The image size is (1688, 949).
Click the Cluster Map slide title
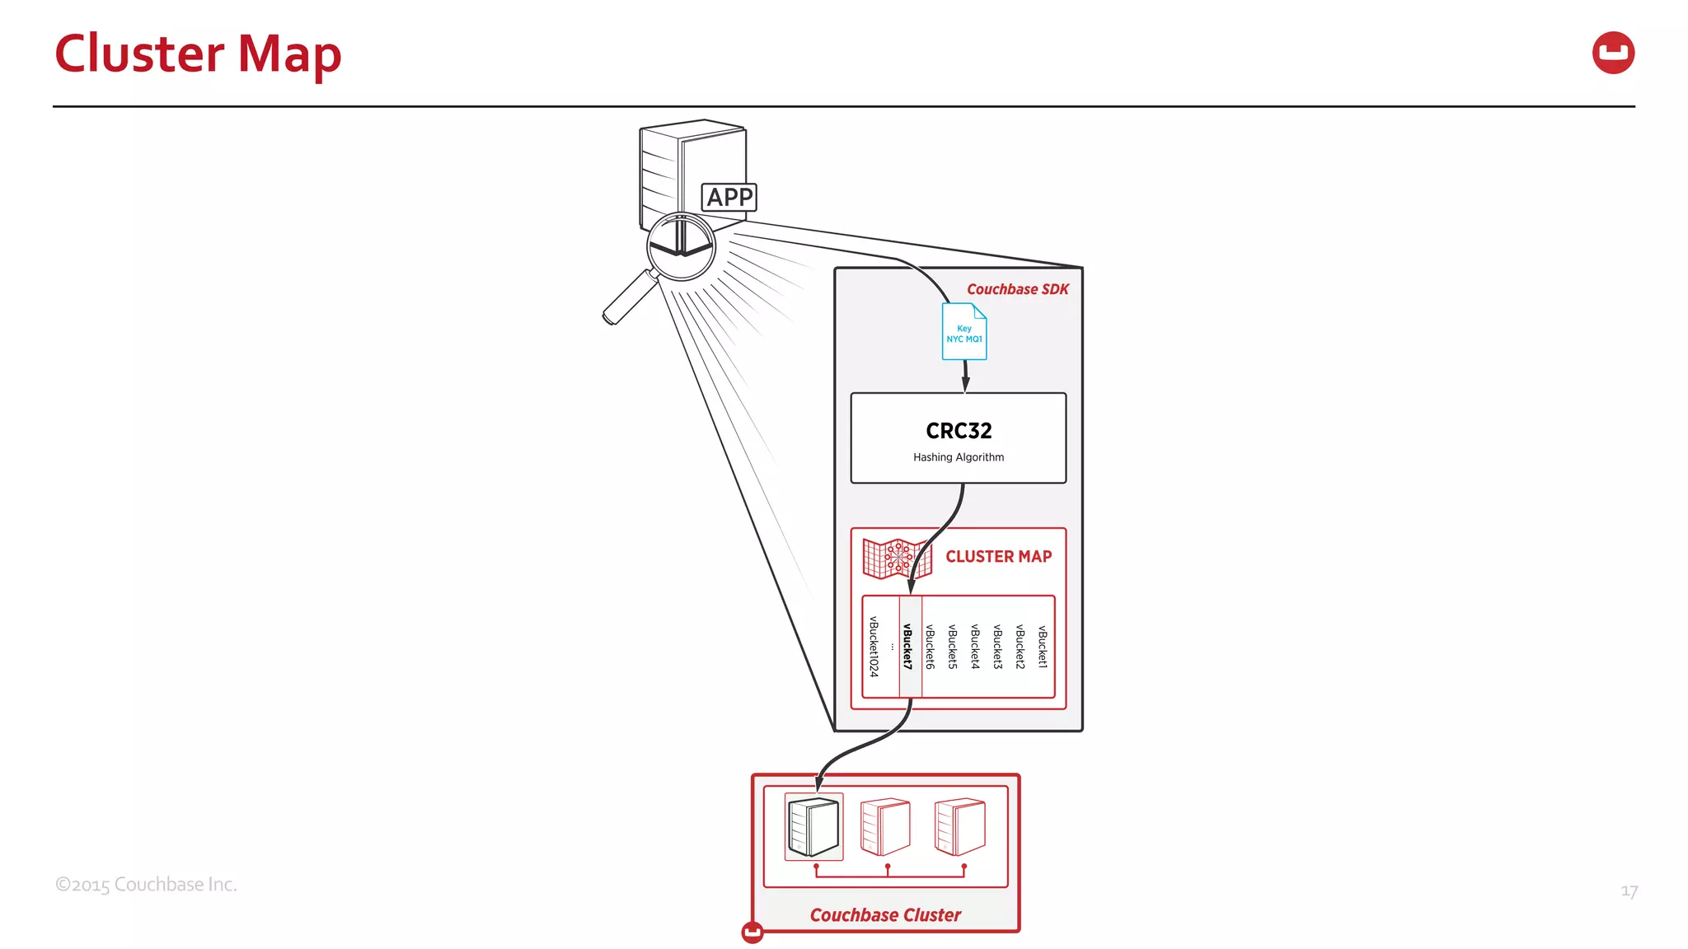(198, 54)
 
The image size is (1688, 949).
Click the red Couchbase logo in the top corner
(1613, 53)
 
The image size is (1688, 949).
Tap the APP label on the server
(729, 198)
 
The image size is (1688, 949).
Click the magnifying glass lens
(681, 246)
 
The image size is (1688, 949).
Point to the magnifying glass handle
(629, 298)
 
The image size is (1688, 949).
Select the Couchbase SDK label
(1017, 289)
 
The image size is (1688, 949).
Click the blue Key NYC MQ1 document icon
(964, 332)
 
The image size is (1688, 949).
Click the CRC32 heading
(959, 431)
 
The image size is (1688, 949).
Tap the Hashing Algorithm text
(959, 457)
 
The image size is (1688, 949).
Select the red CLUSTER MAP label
(998, 557)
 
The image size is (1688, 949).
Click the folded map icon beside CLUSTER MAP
(897, 559)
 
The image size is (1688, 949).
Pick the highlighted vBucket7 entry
(908, 647)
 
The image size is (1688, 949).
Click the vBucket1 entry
(1043, 647)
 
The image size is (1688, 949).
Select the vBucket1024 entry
(874, 647)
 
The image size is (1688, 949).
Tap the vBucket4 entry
(975, 647)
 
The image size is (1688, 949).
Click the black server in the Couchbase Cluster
(814, 826)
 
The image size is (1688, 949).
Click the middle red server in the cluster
(885, 826)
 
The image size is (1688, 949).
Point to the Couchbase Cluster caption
(885, 915)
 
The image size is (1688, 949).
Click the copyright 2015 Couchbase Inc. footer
(146, 885)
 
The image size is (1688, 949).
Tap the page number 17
(1629, 891)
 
